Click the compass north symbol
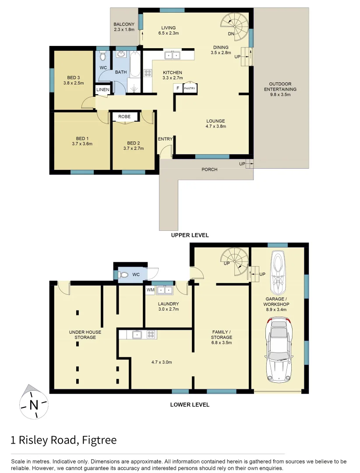click(33, 403)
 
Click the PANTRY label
click(190, 88)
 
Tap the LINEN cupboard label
click(103, 90)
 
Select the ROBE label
click(124, 117)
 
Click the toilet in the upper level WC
click(103, 56)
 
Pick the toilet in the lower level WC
click(124, 275)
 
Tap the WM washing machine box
click(150, 290)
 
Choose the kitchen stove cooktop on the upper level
click(148, 74)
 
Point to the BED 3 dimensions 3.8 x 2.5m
click(73, 83)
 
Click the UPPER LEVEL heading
click(190, 235)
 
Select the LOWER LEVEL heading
click(190, 405)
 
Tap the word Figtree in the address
click(99, 440)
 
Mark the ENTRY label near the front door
click(165, 139)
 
